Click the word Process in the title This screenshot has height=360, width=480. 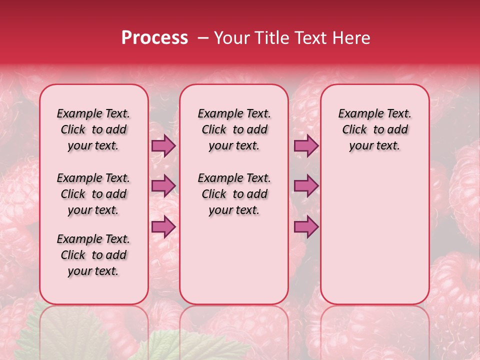coord(154,38)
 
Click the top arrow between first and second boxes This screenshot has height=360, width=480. coord(163,145)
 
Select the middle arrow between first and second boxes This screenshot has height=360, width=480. coord(163,186)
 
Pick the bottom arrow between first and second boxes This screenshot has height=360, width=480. coord(163,226)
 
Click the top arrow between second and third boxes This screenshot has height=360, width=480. coord(306,145)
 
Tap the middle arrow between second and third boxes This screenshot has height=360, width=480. coord(306,186)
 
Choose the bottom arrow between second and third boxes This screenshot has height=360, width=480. coord(306,226)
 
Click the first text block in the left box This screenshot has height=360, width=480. coord(93,129)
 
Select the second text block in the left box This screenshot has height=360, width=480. coord(93,194)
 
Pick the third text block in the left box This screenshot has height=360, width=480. coord(93,255)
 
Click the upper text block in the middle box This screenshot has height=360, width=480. coord(234,129)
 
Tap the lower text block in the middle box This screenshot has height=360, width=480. coord(234,194)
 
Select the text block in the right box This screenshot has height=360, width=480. coord(374,129)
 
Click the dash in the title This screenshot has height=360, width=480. coord(203,38)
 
